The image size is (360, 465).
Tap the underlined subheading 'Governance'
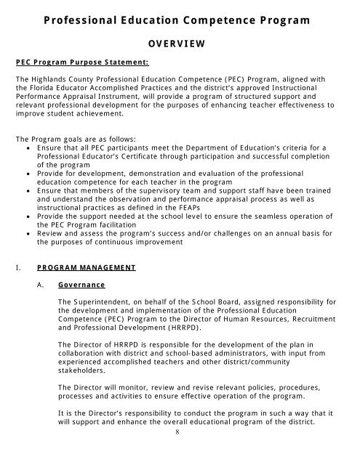(81, 286)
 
